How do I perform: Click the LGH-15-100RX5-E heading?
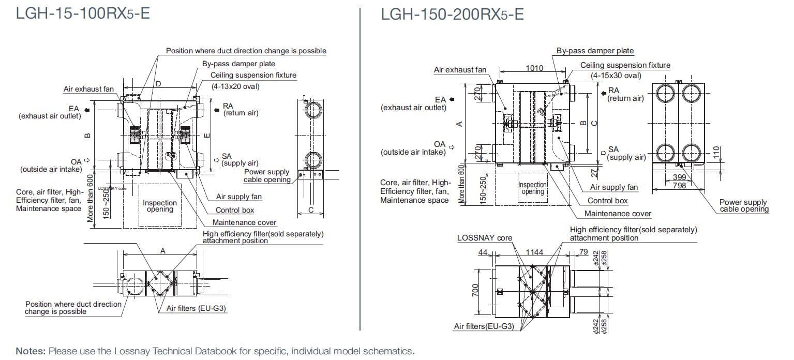(x=83, y=13)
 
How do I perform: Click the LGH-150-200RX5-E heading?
(x=452, y=14)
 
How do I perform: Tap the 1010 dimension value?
(x=534, y=68)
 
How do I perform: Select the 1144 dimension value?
(x=534, y=252)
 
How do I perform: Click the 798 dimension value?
(x=679, y=185)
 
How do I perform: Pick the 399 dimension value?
(x=679, y=177)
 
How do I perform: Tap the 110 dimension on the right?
(x=716, y=153)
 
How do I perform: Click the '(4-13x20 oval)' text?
(x=235, y=86)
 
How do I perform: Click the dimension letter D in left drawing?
(x=158, y=83)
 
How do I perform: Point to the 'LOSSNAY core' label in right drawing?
(x=484, y=238)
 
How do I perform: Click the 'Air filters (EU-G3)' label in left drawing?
(x=196, y=308)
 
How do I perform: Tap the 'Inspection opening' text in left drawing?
(x=160, y=206)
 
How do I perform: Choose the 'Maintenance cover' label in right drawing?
(x=618, y=214)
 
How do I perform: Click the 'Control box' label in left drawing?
(x=235, y=210)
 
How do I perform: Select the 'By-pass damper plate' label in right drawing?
(x=595, y=51)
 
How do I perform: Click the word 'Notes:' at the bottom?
(x=31, y=351)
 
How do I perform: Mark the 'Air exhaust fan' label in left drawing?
(x=88, y=89)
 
